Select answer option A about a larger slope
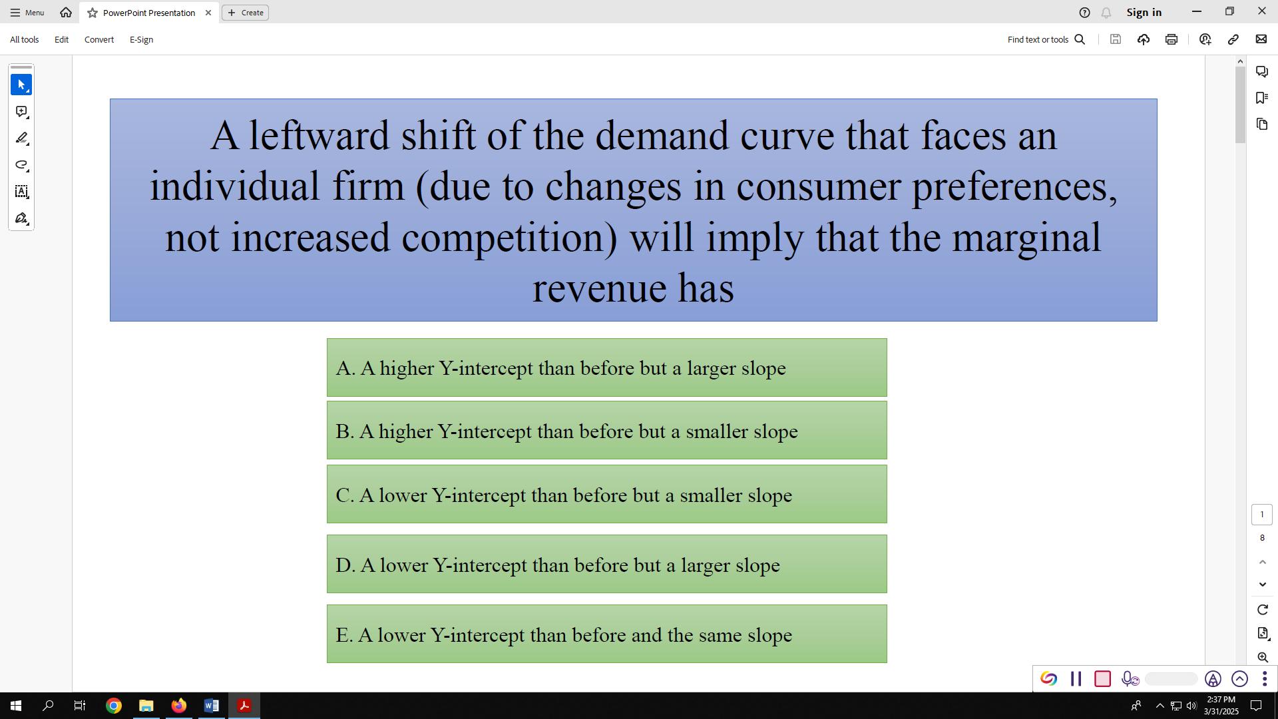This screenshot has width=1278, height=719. point(606,368)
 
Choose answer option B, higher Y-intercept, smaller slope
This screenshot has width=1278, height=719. point(606,431)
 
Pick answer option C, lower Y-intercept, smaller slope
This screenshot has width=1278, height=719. point(606,495)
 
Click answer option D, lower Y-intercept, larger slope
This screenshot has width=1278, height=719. point(606,565)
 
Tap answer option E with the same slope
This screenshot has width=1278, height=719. point(606,635)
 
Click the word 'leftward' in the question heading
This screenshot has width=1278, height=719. point(319,136)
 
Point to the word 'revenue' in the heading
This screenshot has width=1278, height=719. point(599,289)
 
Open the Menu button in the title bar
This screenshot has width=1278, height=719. point(27,13)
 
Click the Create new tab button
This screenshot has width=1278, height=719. point(245,13)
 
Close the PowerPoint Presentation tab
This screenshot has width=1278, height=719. point(208,13)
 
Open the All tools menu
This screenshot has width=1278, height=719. point(25,40)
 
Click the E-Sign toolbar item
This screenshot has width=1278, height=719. point(141,40)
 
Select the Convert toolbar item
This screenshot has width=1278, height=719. point(99,40)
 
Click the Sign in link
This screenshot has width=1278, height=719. point(1144,13)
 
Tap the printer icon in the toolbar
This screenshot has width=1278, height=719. point(1171,40)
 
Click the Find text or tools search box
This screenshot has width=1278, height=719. point(1046,40)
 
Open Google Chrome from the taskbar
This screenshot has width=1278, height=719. point(114,706)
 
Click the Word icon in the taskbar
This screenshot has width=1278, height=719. point(212,706)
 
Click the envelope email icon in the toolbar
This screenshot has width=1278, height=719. point(1261,40)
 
